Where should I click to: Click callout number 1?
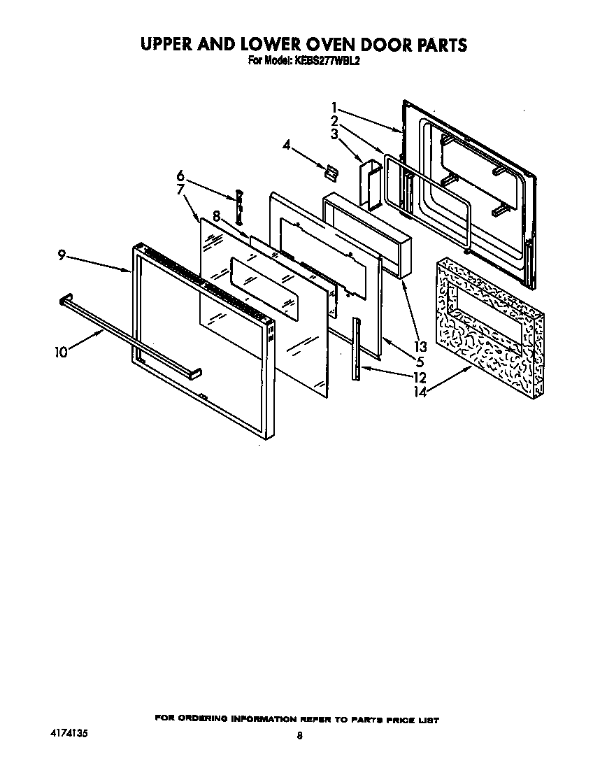(x=335, y=108)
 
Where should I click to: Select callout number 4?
(x=286, y=145)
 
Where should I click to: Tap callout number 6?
(x=180, y=174)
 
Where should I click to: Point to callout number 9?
(x=62, y=256)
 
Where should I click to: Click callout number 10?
(x=61, y=352)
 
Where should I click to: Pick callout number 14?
(x=419, y=392)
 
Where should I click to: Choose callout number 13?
(x=420, y=346)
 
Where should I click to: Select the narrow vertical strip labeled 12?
(x=357, y=348)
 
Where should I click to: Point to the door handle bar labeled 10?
(x=126, y=332)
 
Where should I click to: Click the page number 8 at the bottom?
(x=299, y=735)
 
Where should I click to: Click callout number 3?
(x=335, y=134)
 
